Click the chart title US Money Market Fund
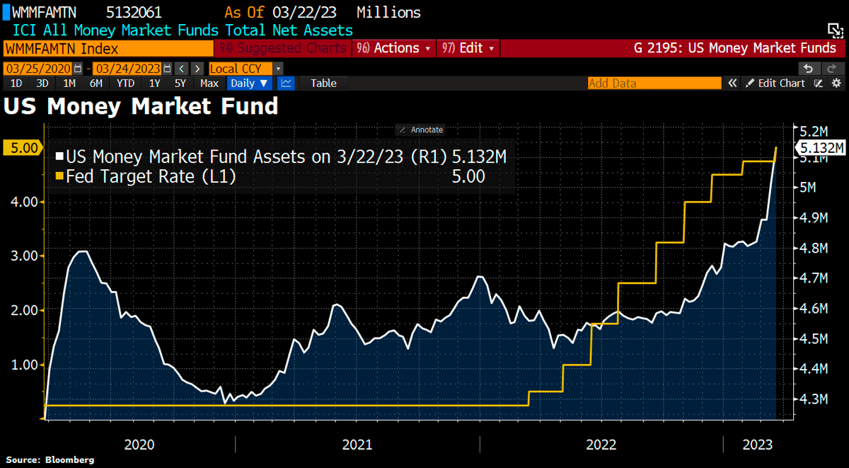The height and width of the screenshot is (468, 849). coord(141,107)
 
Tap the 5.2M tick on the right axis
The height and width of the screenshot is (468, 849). coord(813,132)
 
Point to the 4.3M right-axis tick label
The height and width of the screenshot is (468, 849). coord(813,399)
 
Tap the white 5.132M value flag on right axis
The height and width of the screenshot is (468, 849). coord(820,147)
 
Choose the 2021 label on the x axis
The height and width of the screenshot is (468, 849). coord(357,445)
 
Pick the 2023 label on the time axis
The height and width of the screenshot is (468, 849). coord(758,445)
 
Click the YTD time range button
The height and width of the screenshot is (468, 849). coord(125,83)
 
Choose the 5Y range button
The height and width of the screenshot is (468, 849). coord(180,83)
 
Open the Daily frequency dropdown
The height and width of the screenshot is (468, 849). coord(250,83)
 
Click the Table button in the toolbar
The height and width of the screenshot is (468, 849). coord(323,83)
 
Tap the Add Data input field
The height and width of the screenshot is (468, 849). coord(654,83)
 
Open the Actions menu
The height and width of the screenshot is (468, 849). coord(396,48)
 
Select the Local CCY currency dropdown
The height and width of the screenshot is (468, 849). coord(246,69)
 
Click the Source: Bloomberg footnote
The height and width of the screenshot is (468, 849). coord(50,460)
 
